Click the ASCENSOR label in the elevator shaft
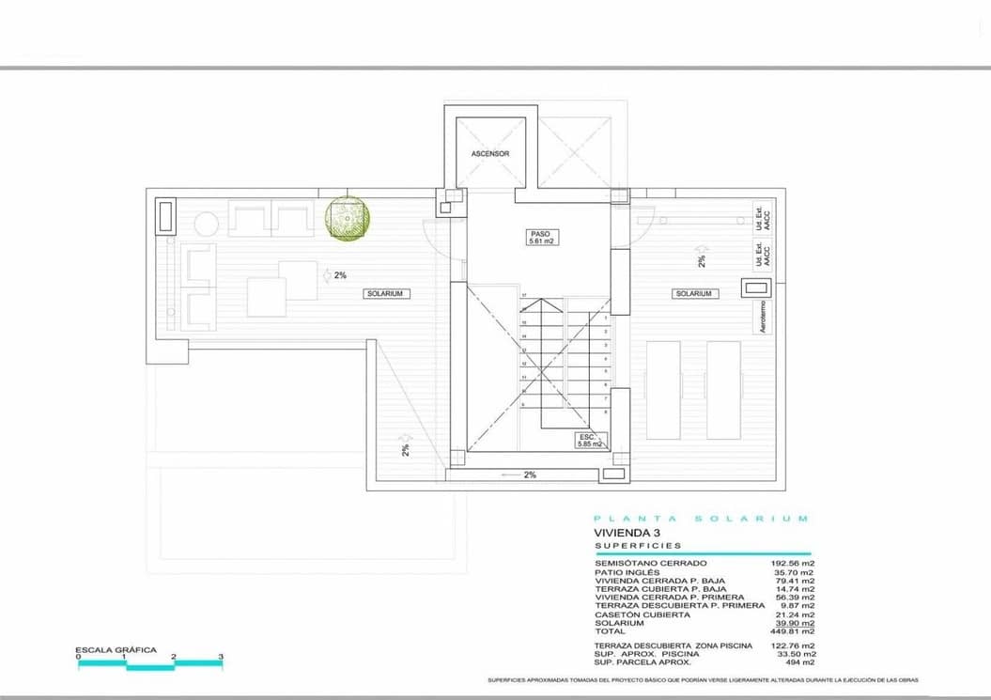(490, 153)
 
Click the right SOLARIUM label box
(694, 294)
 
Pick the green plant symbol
(348, 218)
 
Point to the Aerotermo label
(763, 317)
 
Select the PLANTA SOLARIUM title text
(700, 519)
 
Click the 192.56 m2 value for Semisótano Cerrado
(794, 563)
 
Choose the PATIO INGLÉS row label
(627, 571)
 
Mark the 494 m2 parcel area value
(801, 662)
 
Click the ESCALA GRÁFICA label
(116, 650)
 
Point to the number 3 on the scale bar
(221, 658)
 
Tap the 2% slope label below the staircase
(530, 475)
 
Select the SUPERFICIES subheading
(638, 545)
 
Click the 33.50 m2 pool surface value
(797, 654)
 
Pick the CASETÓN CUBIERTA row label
(642, 614)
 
